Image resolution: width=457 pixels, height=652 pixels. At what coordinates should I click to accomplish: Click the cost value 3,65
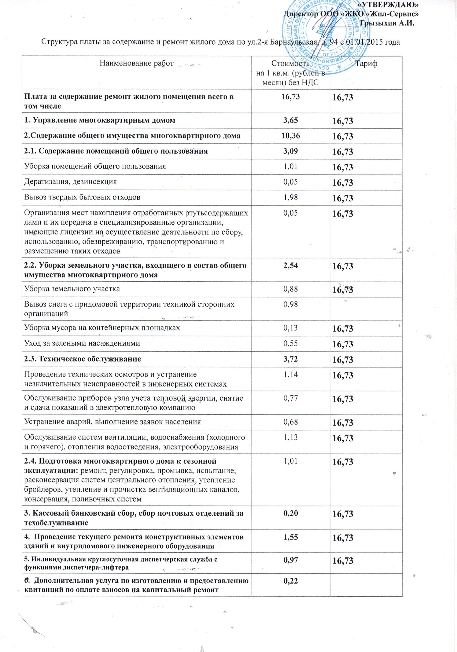pos(290,120)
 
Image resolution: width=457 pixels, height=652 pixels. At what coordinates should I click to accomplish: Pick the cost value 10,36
pos(290,135)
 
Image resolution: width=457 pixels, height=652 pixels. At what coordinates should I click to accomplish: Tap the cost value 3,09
pos(290,151)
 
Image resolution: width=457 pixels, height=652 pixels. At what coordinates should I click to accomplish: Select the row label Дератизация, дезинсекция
pos(70,182)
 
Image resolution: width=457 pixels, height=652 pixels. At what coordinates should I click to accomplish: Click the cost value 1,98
pos(290,197)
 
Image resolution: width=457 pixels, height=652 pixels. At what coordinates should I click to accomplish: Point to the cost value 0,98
pos(290,304)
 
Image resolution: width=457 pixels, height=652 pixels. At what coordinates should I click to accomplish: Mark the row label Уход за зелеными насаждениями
pos(82,343)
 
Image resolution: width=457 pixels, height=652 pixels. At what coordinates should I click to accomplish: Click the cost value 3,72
pos(290,359)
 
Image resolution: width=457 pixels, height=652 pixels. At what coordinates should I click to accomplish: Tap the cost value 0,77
pos(290,398)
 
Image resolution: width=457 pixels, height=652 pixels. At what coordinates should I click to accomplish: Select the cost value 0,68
pos(290,422)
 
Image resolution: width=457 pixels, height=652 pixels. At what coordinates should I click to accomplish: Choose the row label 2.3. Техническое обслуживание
pos(83,359)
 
